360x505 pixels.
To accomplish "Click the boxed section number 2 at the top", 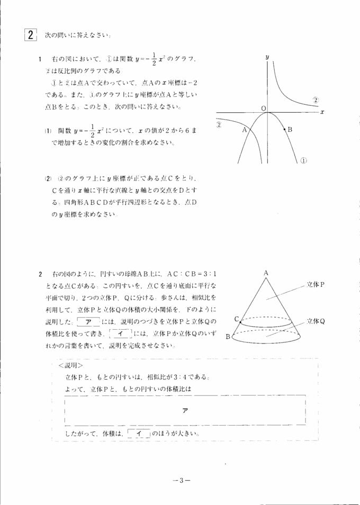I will tap(31, 35).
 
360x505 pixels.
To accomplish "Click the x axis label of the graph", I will tap(322, 112).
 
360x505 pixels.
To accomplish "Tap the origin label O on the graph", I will tap(263, 108).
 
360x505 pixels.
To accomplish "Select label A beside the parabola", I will tap(244, 129).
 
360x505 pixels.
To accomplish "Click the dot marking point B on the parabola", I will tap(284, 129).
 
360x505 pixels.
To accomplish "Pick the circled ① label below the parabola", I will tap(304, 160).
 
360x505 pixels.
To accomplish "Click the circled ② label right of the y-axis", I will tap(315, 100).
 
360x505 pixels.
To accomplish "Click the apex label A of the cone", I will tap(266, 273).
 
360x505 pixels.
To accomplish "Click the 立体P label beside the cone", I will tap(316, 284).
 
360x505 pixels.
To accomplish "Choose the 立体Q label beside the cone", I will tap(316, 321).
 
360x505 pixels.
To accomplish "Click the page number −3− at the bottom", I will tap(181, 481).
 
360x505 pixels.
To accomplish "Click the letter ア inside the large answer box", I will tap(185, 411).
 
